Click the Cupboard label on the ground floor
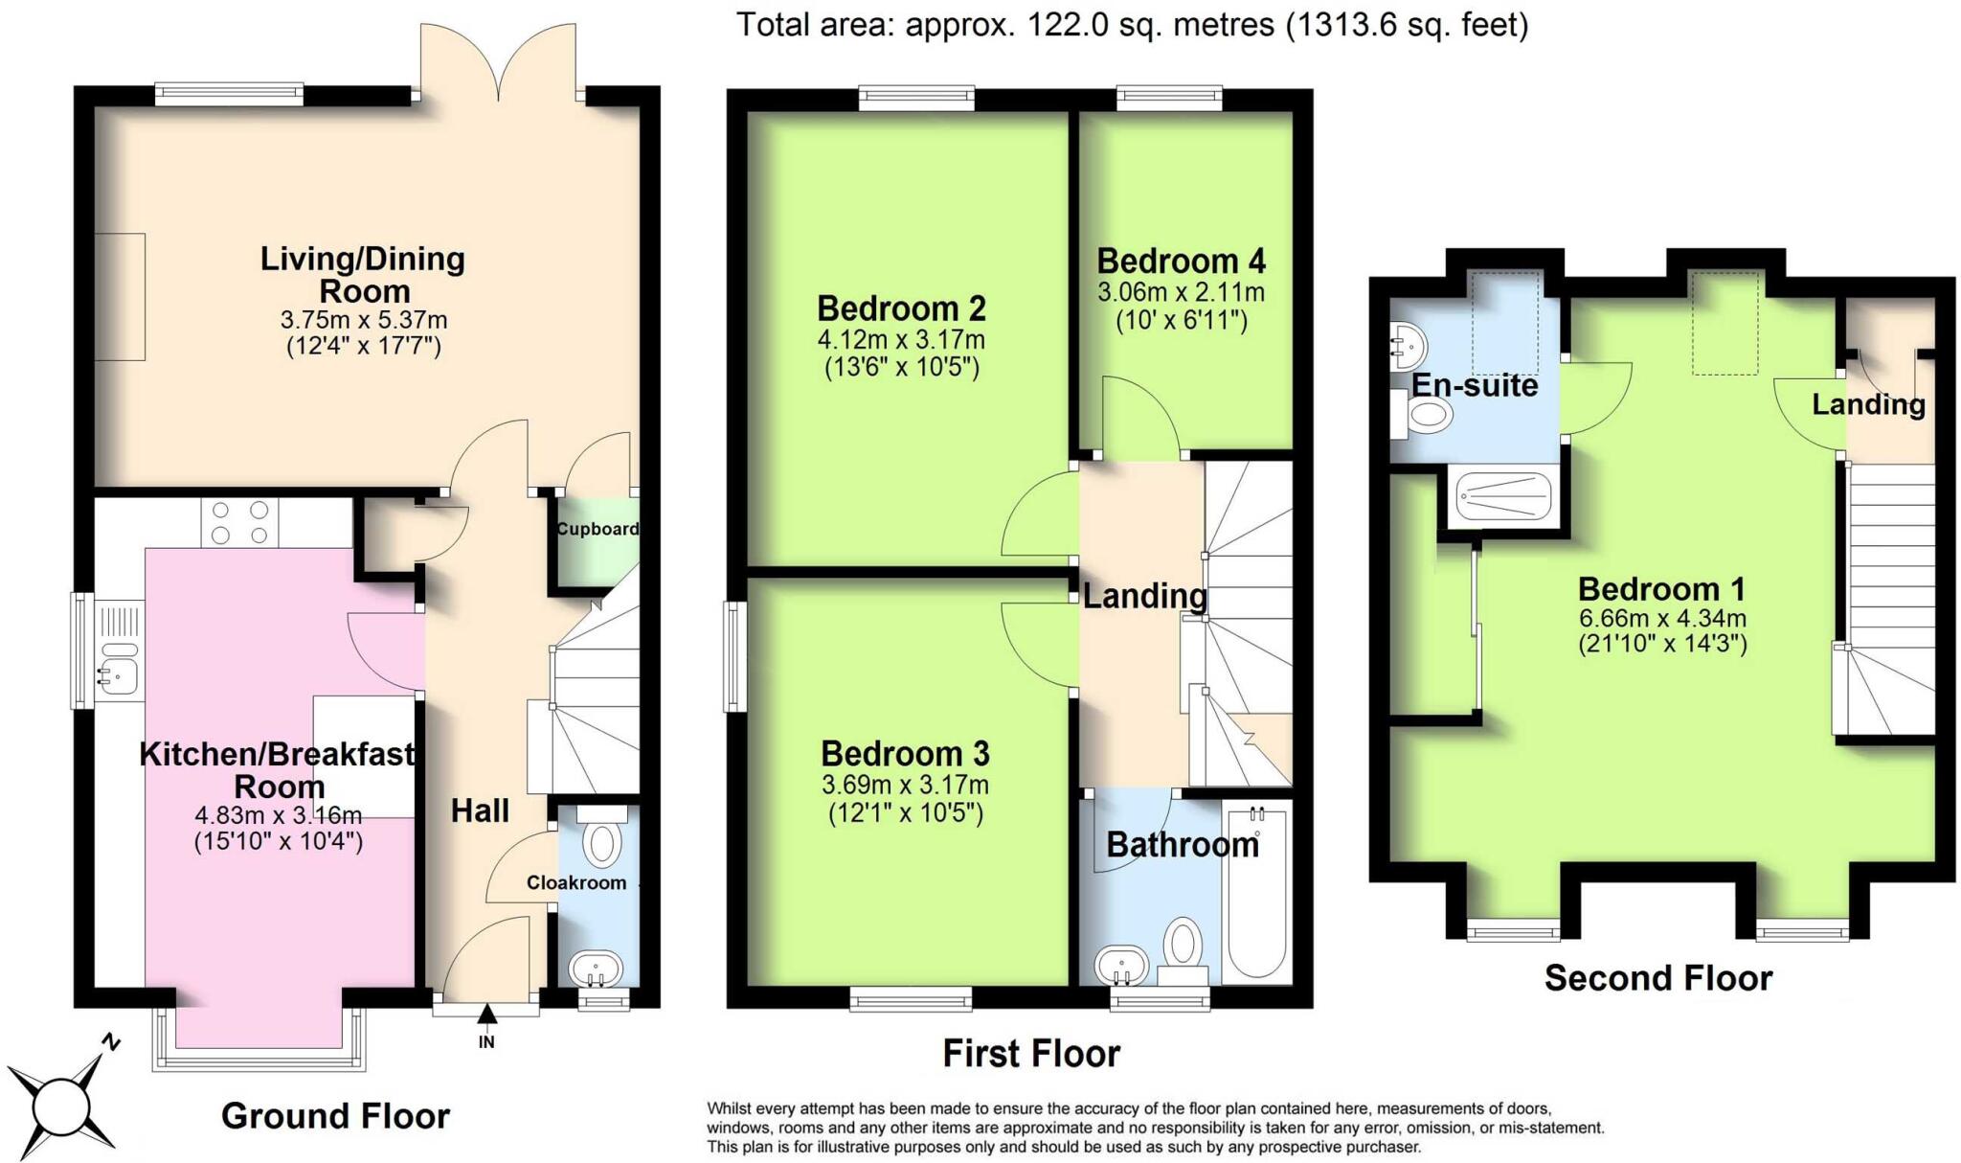(x=597, y=529)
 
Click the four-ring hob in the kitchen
(x=239, y=523)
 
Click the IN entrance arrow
(x=486, y=1014)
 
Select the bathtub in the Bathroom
(x=1256, y=892)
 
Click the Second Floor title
(x=1658, y=978)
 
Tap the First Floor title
(x=1031, y=1054)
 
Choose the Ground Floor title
(x=335, y=1116)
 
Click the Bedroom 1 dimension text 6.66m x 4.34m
(x=1662, y=618)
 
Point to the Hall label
(x=480, y=811)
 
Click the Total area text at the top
(x=1132, y=25)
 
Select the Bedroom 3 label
(x=905, y=754)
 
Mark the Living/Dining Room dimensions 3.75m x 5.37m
(x=364, y=320)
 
